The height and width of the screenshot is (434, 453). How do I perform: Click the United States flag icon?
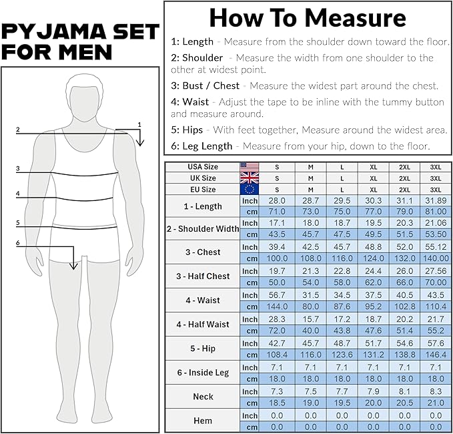click(250, 167)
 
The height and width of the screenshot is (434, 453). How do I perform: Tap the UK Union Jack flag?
click(250, 178)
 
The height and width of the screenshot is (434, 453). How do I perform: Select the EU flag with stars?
click(250, 190)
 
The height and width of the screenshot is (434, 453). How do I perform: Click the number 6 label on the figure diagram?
click(17, 242)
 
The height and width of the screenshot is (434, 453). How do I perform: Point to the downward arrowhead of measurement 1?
click(140, 143)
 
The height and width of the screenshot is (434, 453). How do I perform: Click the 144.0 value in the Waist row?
click(277, 306)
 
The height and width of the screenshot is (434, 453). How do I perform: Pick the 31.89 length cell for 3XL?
click(436, 201)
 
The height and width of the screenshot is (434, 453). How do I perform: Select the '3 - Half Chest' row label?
click(203, 276)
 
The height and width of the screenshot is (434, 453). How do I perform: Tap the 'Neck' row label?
click(203, 397)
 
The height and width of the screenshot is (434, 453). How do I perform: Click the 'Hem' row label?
click(203, 421)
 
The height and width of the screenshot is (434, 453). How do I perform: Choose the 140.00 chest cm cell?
click(436, 258)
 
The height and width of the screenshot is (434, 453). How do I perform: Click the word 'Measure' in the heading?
click(356, 18)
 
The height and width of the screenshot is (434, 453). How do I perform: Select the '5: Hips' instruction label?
click(187, 130)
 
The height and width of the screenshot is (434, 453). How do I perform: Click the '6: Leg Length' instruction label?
click(201, 146)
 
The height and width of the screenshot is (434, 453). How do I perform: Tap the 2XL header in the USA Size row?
click(404, 167)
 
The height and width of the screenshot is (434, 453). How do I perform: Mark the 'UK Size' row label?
click(203, 178)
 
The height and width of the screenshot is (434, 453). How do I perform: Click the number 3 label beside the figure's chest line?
click(17, 168)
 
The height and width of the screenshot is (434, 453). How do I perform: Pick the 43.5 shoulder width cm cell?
click(277, 234)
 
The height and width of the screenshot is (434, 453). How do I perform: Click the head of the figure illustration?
click(84, 97)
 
